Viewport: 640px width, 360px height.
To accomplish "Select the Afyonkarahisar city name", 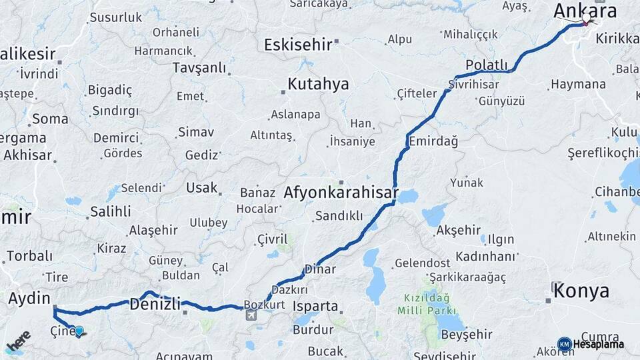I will [341, 193].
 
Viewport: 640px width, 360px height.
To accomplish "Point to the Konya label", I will [582, 291].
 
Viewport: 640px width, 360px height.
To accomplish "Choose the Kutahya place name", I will [318, 84].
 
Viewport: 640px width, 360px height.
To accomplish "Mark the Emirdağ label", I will [433, 141].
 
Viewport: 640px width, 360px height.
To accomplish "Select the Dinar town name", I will [319, 269].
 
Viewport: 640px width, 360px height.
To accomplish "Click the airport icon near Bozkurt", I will [251, 315].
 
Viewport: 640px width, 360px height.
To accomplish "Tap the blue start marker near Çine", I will [79, 331].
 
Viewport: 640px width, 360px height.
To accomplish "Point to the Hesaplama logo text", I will [598, 344].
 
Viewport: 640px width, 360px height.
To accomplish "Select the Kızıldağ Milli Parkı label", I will [427, 304].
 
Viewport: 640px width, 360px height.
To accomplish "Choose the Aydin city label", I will [30, 299].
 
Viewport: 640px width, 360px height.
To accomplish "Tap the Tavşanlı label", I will [199, 67].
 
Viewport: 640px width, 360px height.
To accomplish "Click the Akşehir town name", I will [458, 230].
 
